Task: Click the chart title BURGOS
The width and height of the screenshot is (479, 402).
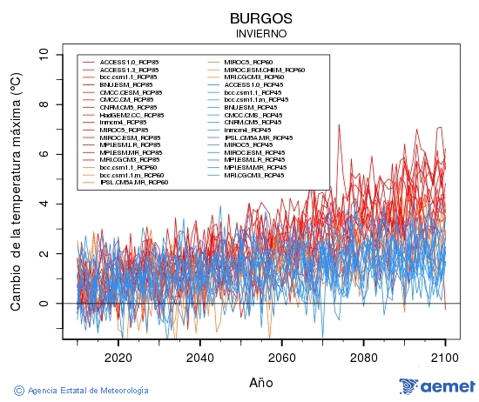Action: click(x=261, y=17)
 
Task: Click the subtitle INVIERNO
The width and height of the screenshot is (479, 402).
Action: click(x=261, y=33)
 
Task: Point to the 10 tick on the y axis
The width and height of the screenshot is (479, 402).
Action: click(x=44, y=54)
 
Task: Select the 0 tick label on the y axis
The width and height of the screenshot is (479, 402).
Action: click(x=44, y=304)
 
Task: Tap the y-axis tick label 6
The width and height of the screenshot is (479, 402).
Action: click(x=44, y=154)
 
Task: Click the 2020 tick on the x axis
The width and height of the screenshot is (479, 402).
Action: click(x=118, y=357)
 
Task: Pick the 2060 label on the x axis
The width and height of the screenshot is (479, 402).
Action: click(x=281, y=357)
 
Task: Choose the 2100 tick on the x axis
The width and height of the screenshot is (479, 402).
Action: click(x=445, y=357)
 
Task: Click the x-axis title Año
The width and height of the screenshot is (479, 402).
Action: click(x=261, y=382)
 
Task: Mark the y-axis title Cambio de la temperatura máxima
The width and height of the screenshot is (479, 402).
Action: click(x=15, y=193)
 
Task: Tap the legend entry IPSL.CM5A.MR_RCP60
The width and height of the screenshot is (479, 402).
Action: click(x=133, y=183)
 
